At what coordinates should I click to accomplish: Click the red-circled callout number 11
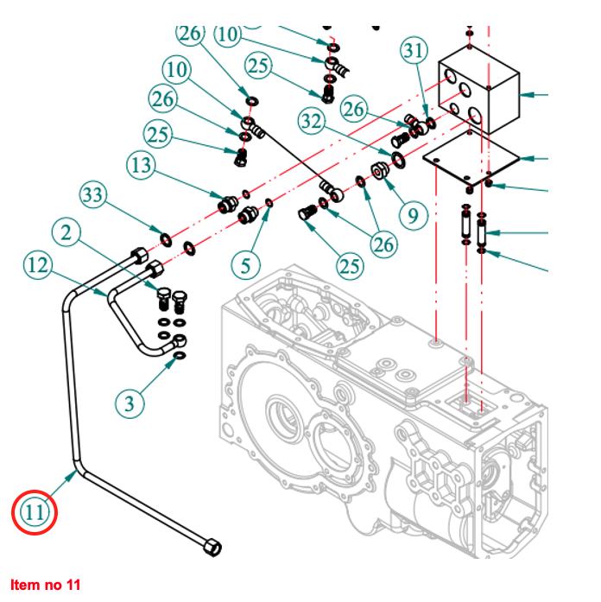[34, 513]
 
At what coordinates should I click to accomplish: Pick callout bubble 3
[130, 403]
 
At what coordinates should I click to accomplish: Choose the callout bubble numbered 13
[142, 164]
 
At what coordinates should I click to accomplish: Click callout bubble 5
[246, 264]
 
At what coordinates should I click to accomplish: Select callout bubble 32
[314, 120]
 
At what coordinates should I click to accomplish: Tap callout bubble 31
[414, 52]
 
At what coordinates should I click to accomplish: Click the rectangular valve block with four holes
[479, 90]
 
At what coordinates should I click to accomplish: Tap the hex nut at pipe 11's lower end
[210, 547]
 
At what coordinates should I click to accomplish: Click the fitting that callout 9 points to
[381, 169]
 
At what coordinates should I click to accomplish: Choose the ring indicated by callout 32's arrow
[399, 158]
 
